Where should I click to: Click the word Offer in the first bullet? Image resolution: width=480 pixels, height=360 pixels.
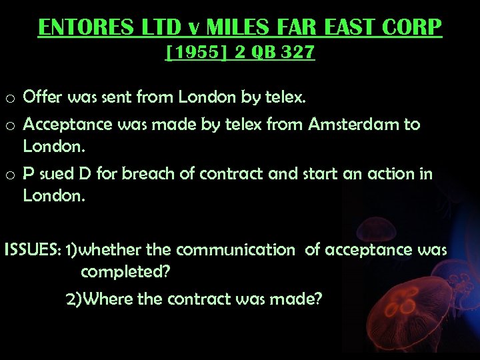[42, 98]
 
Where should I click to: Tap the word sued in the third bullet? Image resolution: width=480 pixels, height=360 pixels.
[53, 174]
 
